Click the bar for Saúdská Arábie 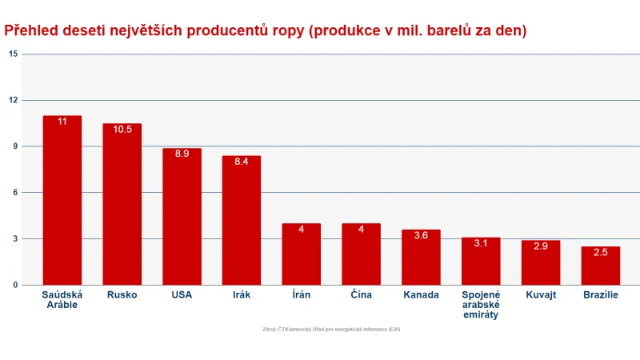[62, 200]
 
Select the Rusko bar [122, 204]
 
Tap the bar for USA [182, 216]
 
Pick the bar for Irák [242, 220]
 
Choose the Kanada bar [421, 257]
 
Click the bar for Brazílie [600, 266]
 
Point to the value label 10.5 [122, 130]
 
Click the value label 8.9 [182, 154]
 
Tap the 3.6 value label [421, 235]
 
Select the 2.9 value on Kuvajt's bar [540, 246]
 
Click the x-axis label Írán [302, 295]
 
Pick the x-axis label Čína [361, 295]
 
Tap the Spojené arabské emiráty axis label [480, 305]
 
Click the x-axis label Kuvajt [540, 295]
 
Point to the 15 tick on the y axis [13, 54]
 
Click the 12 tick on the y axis [13, 100]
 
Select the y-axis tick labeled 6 [14, 193]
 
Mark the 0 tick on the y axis [14, 285]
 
